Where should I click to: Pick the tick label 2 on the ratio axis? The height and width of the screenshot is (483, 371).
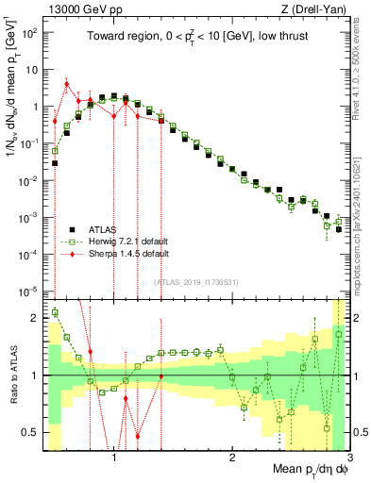point(34,318)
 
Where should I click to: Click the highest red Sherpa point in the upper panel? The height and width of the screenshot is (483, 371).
point(66,83)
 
